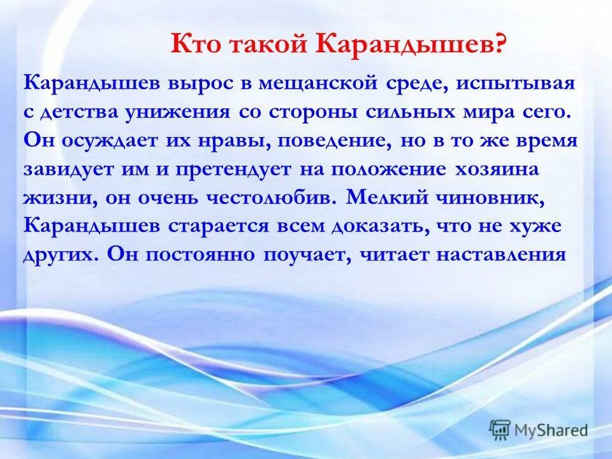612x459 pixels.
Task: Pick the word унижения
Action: point(178,112)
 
